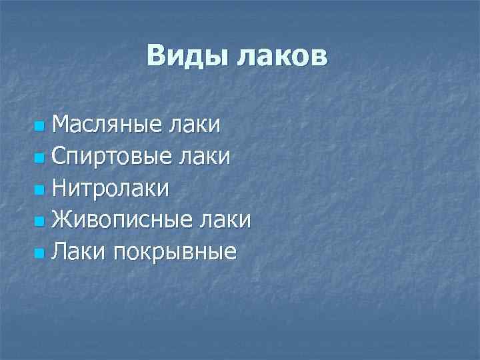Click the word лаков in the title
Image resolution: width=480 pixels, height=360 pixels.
click(x=280, y=56)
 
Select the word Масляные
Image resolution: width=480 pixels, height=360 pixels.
click(x=104, y=125)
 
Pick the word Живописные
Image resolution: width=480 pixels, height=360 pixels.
click(x=121, y=220)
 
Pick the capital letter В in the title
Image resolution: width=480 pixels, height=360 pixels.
click(x=156, y=56)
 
